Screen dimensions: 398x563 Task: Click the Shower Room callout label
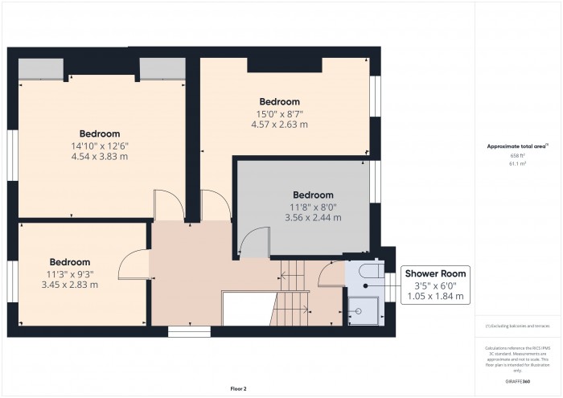coord(435,273)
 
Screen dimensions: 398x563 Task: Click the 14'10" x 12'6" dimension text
coord(100,145)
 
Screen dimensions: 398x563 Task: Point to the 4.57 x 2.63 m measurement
coord(279,124)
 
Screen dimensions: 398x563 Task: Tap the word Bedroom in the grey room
coord(312,195)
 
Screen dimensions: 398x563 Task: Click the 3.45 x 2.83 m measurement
coord(69,284)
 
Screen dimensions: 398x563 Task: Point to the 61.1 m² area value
coord(517,163)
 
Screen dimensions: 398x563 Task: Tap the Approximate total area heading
coord(517,146)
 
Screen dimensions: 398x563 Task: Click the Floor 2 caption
coord(239,388)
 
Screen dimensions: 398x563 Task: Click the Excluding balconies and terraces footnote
coord(517,326)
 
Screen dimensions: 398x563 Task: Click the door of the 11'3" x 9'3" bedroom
coord(134,263)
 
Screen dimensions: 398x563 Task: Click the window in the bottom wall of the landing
coord(189,330)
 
